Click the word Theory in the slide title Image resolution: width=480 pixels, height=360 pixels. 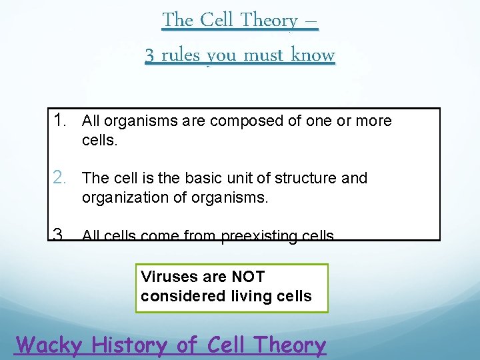(x=269, y=21)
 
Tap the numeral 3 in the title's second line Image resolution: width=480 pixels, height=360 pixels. (x=151, y=55)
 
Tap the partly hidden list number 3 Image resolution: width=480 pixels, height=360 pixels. (x=59, y=234)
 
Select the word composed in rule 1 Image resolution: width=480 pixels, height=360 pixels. (x=241, y=121)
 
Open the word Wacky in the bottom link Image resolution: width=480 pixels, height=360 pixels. (x=49, y=345)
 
